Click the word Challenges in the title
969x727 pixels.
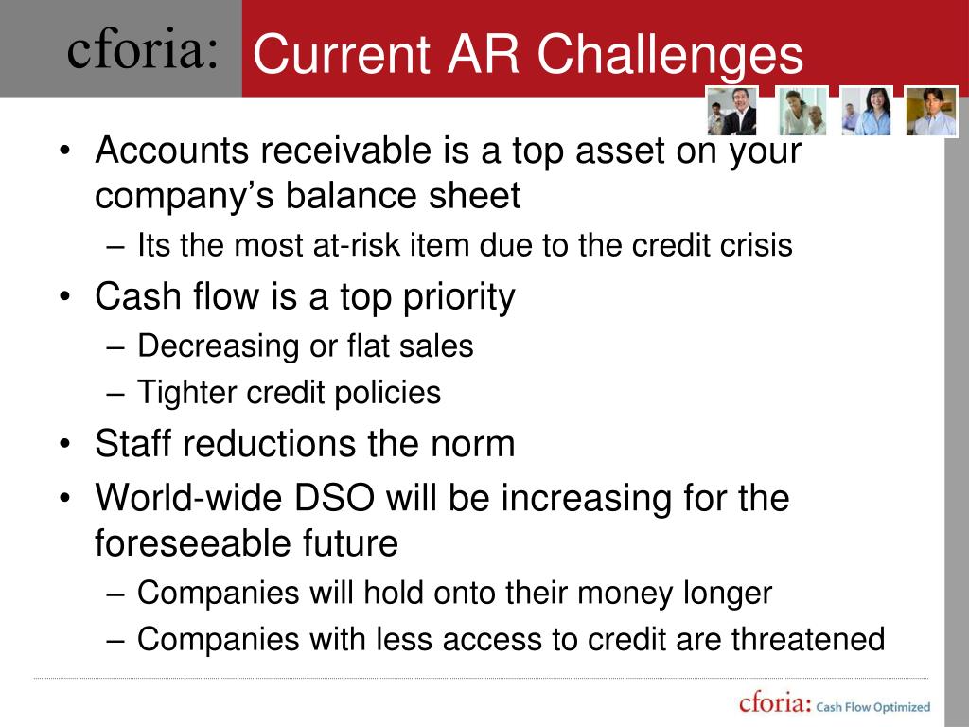670,55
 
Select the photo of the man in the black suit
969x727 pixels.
732,111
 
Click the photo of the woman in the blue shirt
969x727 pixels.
866,111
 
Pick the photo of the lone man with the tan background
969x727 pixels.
931,111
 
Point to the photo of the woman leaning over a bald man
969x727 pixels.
802,111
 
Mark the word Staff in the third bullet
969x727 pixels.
132,443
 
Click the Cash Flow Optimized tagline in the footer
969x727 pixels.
872,706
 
